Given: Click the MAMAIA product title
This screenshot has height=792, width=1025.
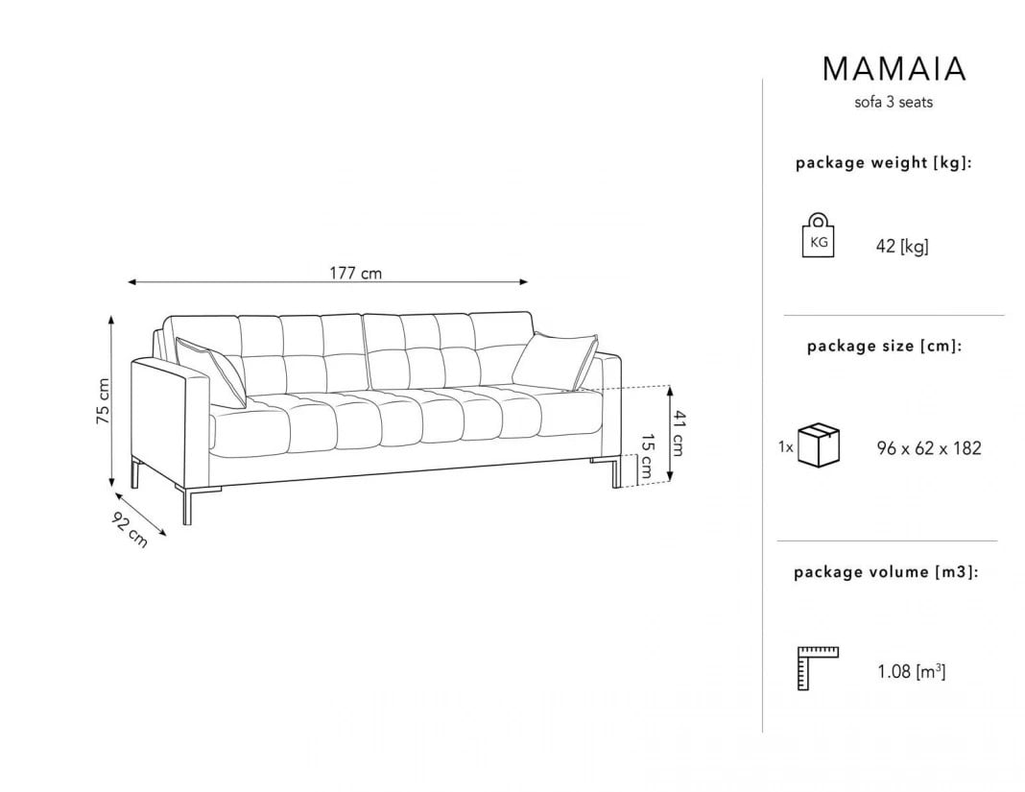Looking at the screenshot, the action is pyautogui.click(x=894, y=69).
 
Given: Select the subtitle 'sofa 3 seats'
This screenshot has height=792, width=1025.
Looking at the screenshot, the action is pyautogui.click(x=894, y=102).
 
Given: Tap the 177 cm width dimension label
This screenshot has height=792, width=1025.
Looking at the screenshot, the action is pyautogui.click(x=355, y=273).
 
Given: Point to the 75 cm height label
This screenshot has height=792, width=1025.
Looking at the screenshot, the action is pyautogui.click(x=104, y=401).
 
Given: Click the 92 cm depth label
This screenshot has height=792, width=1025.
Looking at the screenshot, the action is pyautogui.click(x=131, y=529).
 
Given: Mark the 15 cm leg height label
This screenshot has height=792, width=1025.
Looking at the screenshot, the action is pyautogui.click(x=645, y=457).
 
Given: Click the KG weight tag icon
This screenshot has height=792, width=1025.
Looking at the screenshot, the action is pyautogui.click(x=819, y=235).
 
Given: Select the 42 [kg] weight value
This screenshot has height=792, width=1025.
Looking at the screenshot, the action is pyautogui.click(x=902, y=247).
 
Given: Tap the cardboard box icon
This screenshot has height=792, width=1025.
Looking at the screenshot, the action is pyautogui.click(x=819, y=445).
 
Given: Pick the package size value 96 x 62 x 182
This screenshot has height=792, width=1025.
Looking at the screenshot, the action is pyautogui.click(x=929, y=448).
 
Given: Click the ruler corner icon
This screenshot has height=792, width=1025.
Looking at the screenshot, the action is pyautogui.click(x=817, y=668).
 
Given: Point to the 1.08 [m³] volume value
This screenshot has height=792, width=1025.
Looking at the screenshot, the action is pyautogui.click(x=911, y=671).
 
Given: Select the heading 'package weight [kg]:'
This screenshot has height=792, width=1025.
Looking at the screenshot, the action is pyautogui.click(x=884, y=163).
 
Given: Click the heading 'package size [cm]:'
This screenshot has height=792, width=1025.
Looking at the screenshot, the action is pyautogui.click(x=885, y=346).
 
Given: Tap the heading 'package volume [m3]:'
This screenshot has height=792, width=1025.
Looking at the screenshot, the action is pyautogui.click(x=886, y=572).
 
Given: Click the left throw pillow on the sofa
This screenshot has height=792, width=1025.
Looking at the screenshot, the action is pyautogui.click(x=210, y=371).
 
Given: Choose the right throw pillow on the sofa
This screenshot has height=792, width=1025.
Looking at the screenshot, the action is pyautogui.click(x=556, y=362).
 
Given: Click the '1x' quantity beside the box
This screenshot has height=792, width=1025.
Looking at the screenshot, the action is pyautogui.click(x=786, y=446).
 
